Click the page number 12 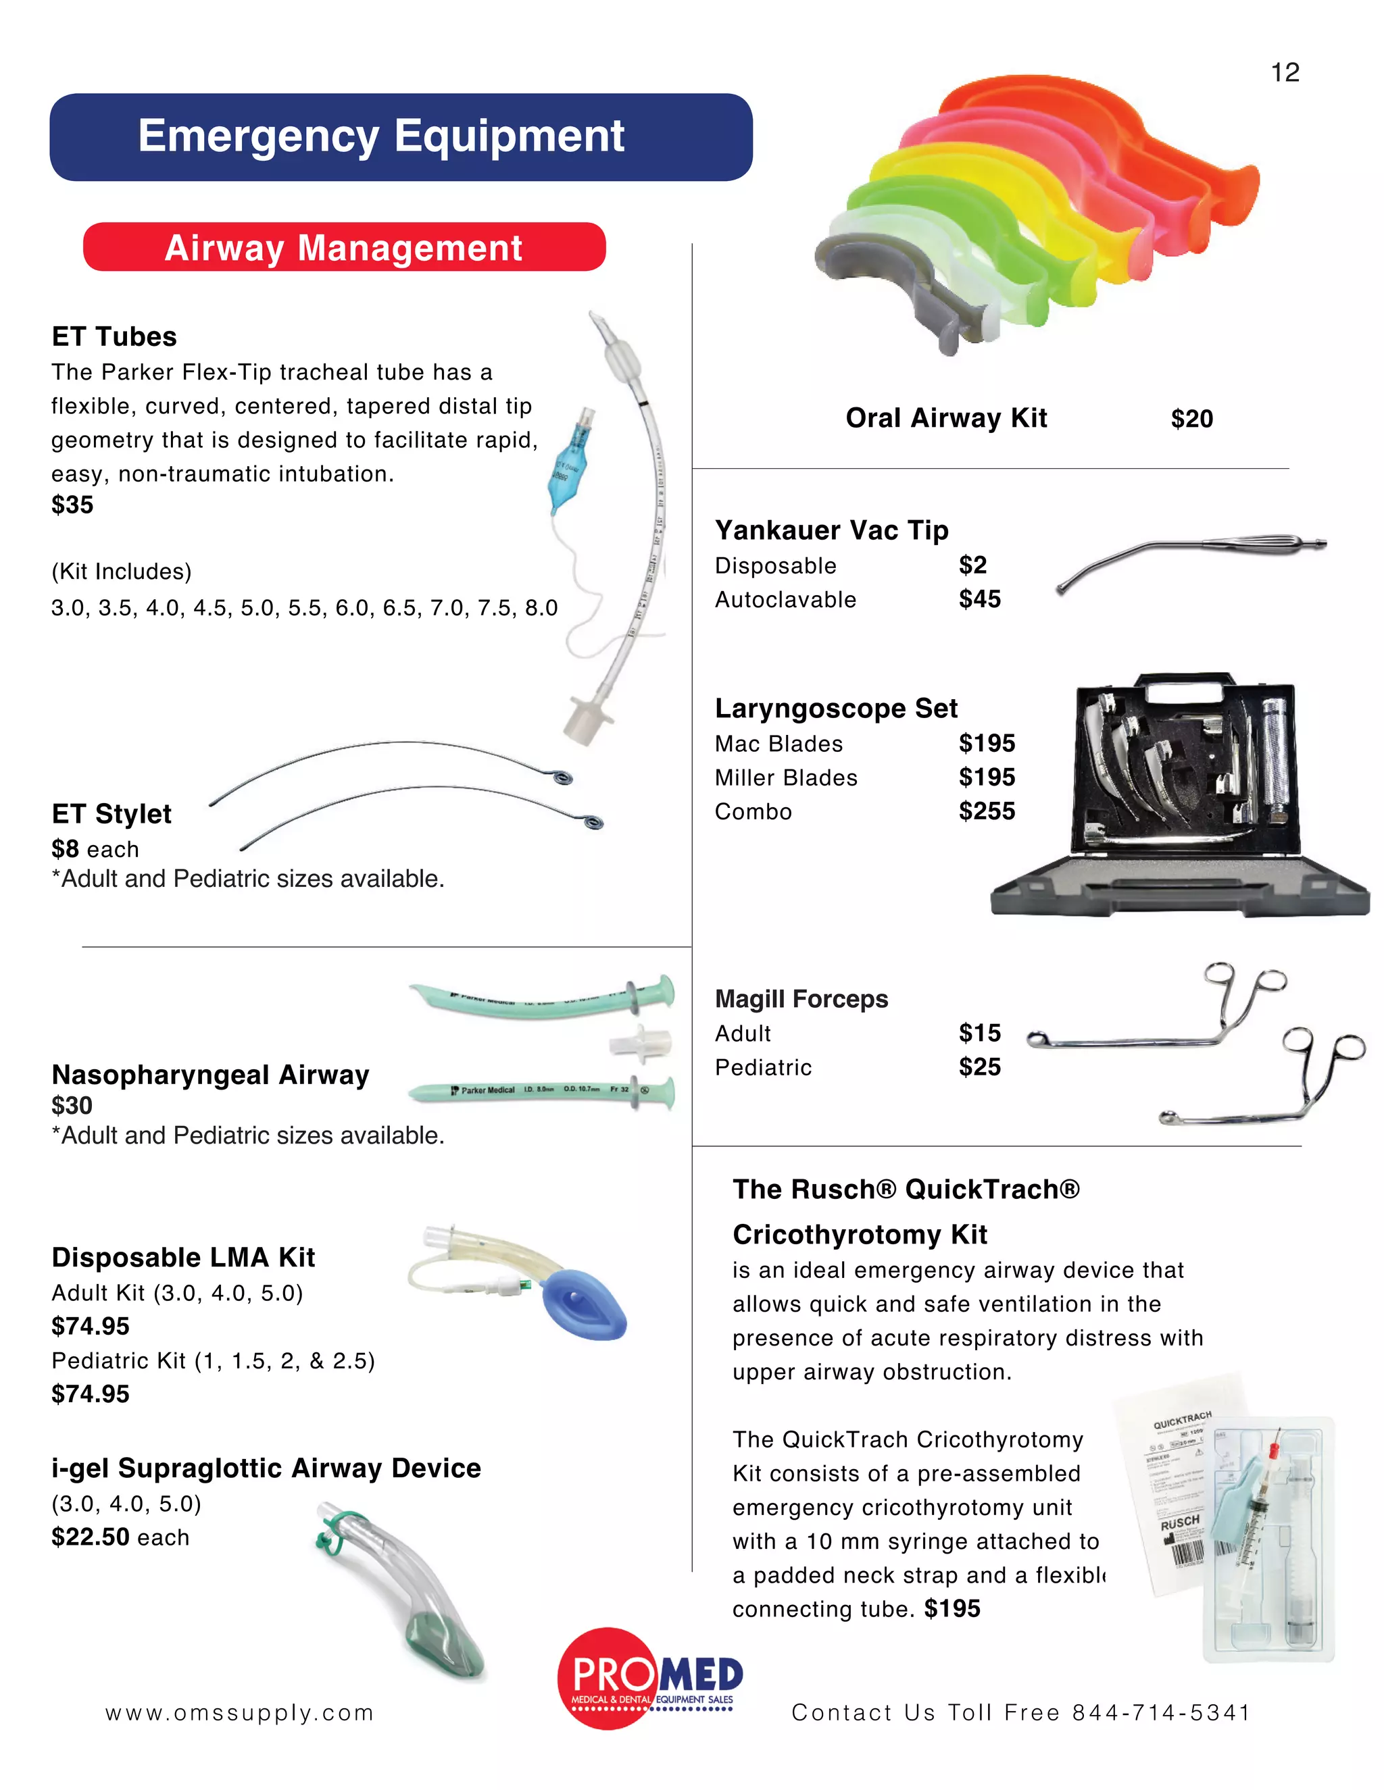1285,73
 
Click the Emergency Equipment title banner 401,137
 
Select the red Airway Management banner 345,247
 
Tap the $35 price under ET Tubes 72,505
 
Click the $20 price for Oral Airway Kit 1191,419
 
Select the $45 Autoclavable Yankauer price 980,599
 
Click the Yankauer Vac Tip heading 831,530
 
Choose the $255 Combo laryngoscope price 987,811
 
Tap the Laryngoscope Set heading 835,708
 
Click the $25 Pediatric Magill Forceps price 980,1067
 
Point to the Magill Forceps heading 801,999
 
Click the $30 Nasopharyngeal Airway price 72,1106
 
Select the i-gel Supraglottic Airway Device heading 266,1468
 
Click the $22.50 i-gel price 90,1537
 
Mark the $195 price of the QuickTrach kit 952,1609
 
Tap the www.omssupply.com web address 239,1713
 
